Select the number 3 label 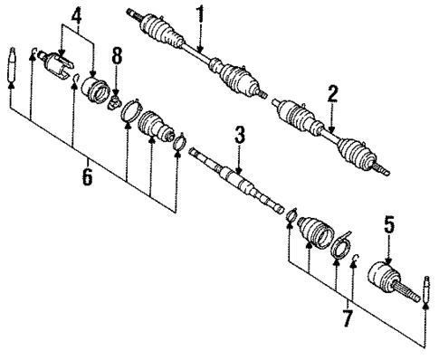(x=239, y=137)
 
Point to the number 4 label (x=77, y=15)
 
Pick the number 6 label (x=86, y=178)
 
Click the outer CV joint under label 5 (x=389, y=277)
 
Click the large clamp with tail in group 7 (x=342, y=245)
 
